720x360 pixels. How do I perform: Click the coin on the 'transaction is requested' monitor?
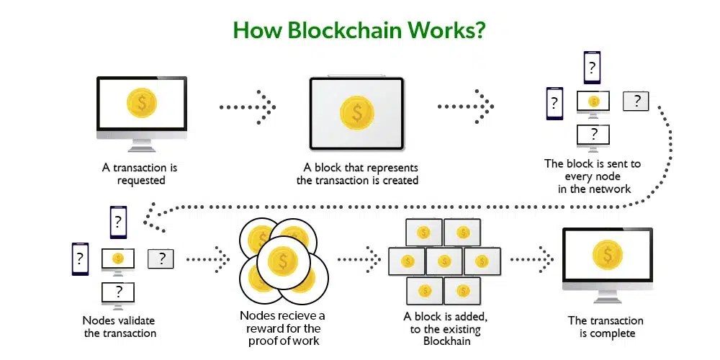[141, 103]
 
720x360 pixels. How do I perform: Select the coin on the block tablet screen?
[357, 112]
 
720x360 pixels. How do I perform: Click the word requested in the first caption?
[141, 180]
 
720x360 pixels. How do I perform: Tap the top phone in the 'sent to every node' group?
[592, 68]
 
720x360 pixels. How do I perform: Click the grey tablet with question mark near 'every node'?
[636, 101]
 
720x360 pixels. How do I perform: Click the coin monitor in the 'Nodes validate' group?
[118, 258]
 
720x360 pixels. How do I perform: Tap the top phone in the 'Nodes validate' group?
[118, 222]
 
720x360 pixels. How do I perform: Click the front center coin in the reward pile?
[282, 262]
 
